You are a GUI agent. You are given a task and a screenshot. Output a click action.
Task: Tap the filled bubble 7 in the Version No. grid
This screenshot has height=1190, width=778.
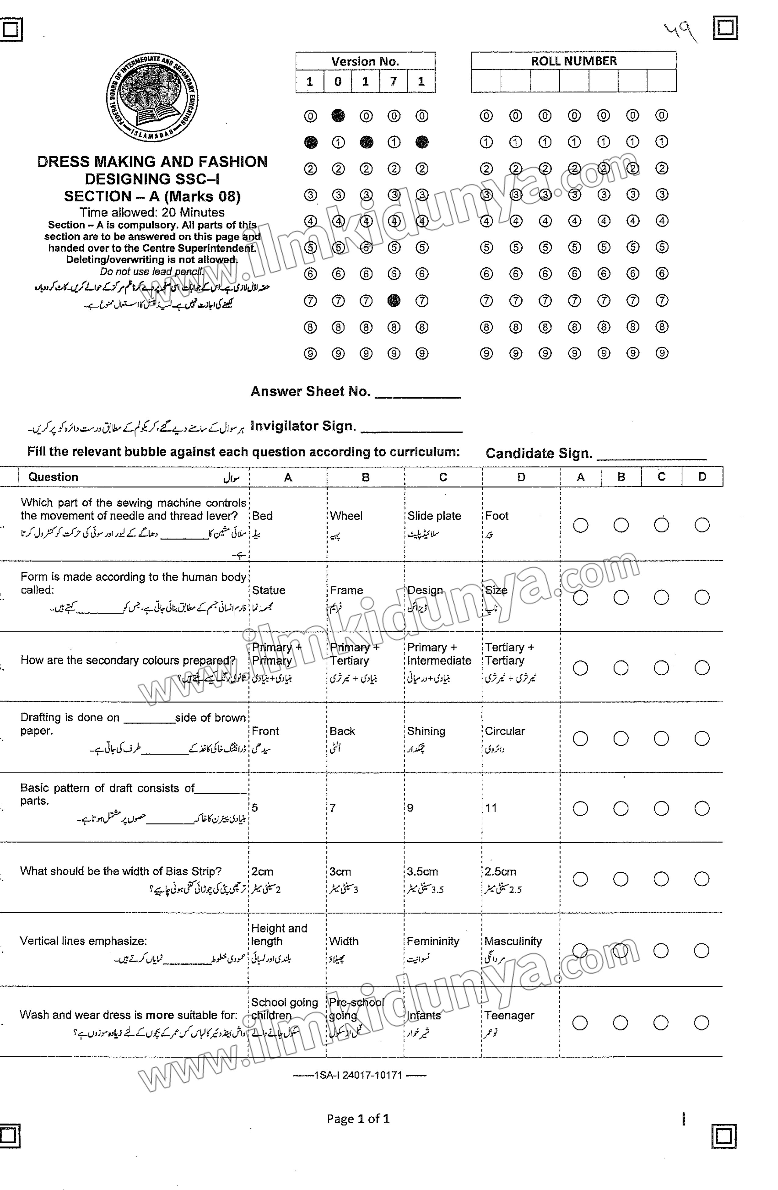pos(394,301)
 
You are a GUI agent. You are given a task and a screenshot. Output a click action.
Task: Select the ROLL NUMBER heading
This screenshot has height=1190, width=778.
pos(574,61)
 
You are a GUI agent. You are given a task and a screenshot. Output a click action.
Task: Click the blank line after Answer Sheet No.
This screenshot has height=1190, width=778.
pos(417,394)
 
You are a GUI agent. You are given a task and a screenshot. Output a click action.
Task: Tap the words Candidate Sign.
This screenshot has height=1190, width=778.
pos(538,453)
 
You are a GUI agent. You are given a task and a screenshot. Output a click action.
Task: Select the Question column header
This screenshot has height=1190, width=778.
pos(53,477)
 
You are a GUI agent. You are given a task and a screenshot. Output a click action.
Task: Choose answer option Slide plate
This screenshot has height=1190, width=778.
pos(434,516)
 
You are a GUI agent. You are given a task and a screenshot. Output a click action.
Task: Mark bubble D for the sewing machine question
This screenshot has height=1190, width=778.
pos(701,525)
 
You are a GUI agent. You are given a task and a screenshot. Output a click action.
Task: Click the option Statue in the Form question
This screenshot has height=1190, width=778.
pos(268,590)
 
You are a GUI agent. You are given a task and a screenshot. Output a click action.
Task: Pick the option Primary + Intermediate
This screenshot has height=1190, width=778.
pos(438,654)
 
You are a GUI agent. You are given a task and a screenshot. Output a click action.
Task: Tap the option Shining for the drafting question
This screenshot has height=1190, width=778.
pos(426,731)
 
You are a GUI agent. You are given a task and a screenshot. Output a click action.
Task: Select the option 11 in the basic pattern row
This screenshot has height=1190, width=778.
pos(491,808)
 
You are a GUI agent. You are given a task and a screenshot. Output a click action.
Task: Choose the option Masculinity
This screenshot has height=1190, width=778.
pos(513,942)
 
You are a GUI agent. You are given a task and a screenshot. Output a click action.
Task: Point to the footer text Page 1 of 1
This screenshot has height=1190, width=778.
pos(358,1119)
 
